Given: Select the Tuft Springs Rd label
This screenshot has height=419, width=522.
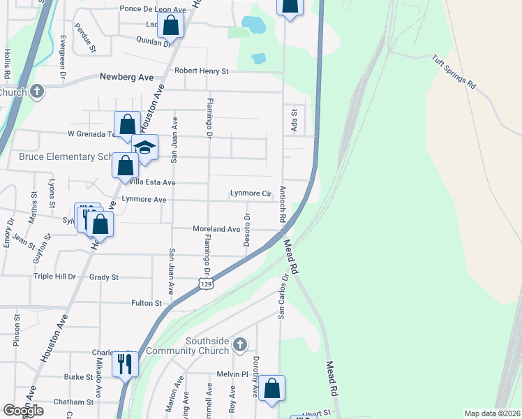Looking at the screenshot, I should click(453, 72).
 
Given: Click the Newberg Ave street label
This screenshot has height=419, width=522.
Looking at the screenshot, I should click(126, 78).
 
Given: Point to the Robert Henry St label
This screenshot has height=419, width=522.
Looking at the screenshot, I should click(202, 71).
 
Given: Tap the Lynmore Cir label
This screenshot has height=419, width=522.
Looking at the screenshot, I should click(251, 193).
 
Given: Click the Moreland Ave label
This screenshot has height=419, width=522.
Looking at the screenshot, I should click(216, 229).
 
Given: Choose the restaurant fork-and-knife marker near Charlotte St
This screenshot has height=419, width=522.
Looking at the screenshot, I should click(126, 365).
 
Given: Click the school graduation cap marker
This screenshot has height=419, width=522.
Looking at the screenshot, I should click(145, 147).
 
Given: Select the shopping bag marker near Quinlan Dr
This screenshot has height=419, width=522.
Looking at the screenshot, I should click(170, 25).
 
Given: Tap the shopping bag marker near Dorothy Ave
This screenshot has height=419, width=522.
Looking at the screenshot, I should click(273, 388).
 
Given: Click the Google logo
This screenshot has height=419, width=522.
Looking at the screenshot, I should click(23, 410).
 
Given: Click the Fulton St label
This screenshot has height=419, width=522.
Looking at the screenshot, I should click(147, 303).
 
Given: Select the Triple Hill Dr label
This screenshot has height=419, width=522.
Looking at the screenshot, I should click(54, 277).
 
